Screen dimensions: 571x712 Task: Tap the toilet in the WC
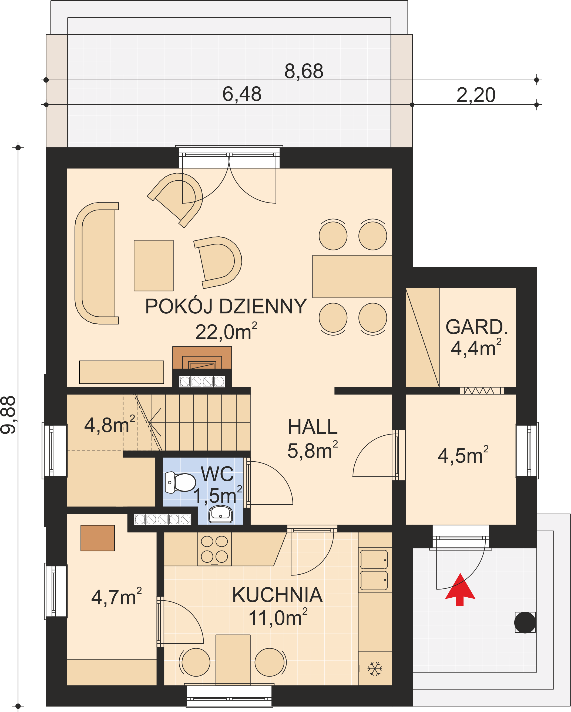[x=180, y=482]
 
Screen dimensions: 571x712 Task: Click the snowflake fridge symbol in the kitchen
[x=375, y=668]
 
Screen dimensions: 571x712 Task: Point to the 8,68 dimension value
[x=304, y=71]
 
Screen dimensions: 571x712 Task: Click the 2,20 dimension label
[x=476, y=95]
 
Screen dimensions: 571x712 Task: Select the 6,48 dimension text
[x=242, y=94]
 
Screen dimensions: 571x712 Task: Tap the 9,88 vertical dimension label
[x=8, y=415]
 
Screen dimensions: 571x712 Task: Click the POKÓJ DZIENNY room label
[x=226, y=306]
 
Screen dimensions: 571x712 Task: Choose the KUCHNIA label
[x=277, y=595]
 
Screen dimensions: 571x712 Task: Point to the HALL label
[x=313, y=427]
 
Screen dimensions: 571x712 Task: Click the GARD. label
[x=477, y=327]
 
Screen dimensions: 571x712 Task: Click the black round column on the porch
[x=525, y=622]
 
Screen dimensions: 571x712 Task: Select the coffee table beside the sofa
[x=153, y=266]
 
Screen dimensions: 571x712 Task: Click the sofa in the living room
[x=96, y=263]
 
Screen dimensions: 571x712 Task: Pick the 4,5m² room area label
[x=463, y=455]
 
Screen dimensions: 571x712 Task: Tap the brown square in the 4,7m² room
[x=98, y=538]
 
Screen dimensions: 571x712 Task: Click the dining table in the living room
[x=352, y=276]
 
